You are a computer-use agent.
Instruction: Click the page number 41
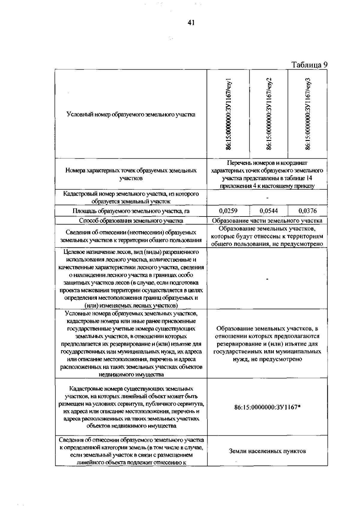click(x=191, y=23)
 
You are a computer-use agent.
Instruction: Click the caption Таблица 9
click(x=309, y=65)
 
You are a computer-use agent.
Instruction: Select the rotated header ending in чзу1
click(x=229, y=114)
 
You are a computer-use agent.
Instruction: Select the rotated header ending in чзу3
click(x=307, y=114)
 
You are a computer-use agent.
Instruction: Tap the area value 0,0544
click(x=268, y=211)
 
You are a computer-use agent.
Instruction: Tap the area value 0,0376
click(x=307, y=211)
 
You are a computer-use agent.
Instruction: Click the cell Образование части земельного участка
click(x=267, y=221)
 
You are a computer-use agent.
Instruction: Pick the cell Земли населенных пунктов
click(x=267, y=451)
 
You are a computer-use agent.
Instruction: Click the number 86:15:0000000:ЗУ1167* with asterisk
click(x=267, y=407)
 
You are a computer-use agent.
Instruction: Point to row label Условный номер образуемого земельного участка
click(x=131, y=114)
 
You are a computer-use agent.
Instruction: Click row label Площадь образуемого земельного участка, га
click(x=131, y=211)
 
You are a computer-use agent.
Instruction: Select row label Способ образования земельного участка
click(x=131, y=221)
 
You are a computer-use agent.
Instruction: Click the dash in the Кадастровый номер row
click(x=267, y=198)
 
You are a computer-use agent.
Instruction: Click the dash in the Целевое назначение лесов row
click(x=267, y=279)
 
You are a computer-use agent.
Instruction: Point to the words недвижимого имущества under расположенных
click(x=131, y=374)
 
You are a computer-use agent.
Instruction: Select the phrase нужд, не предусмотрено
click(x=267, y=359)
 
